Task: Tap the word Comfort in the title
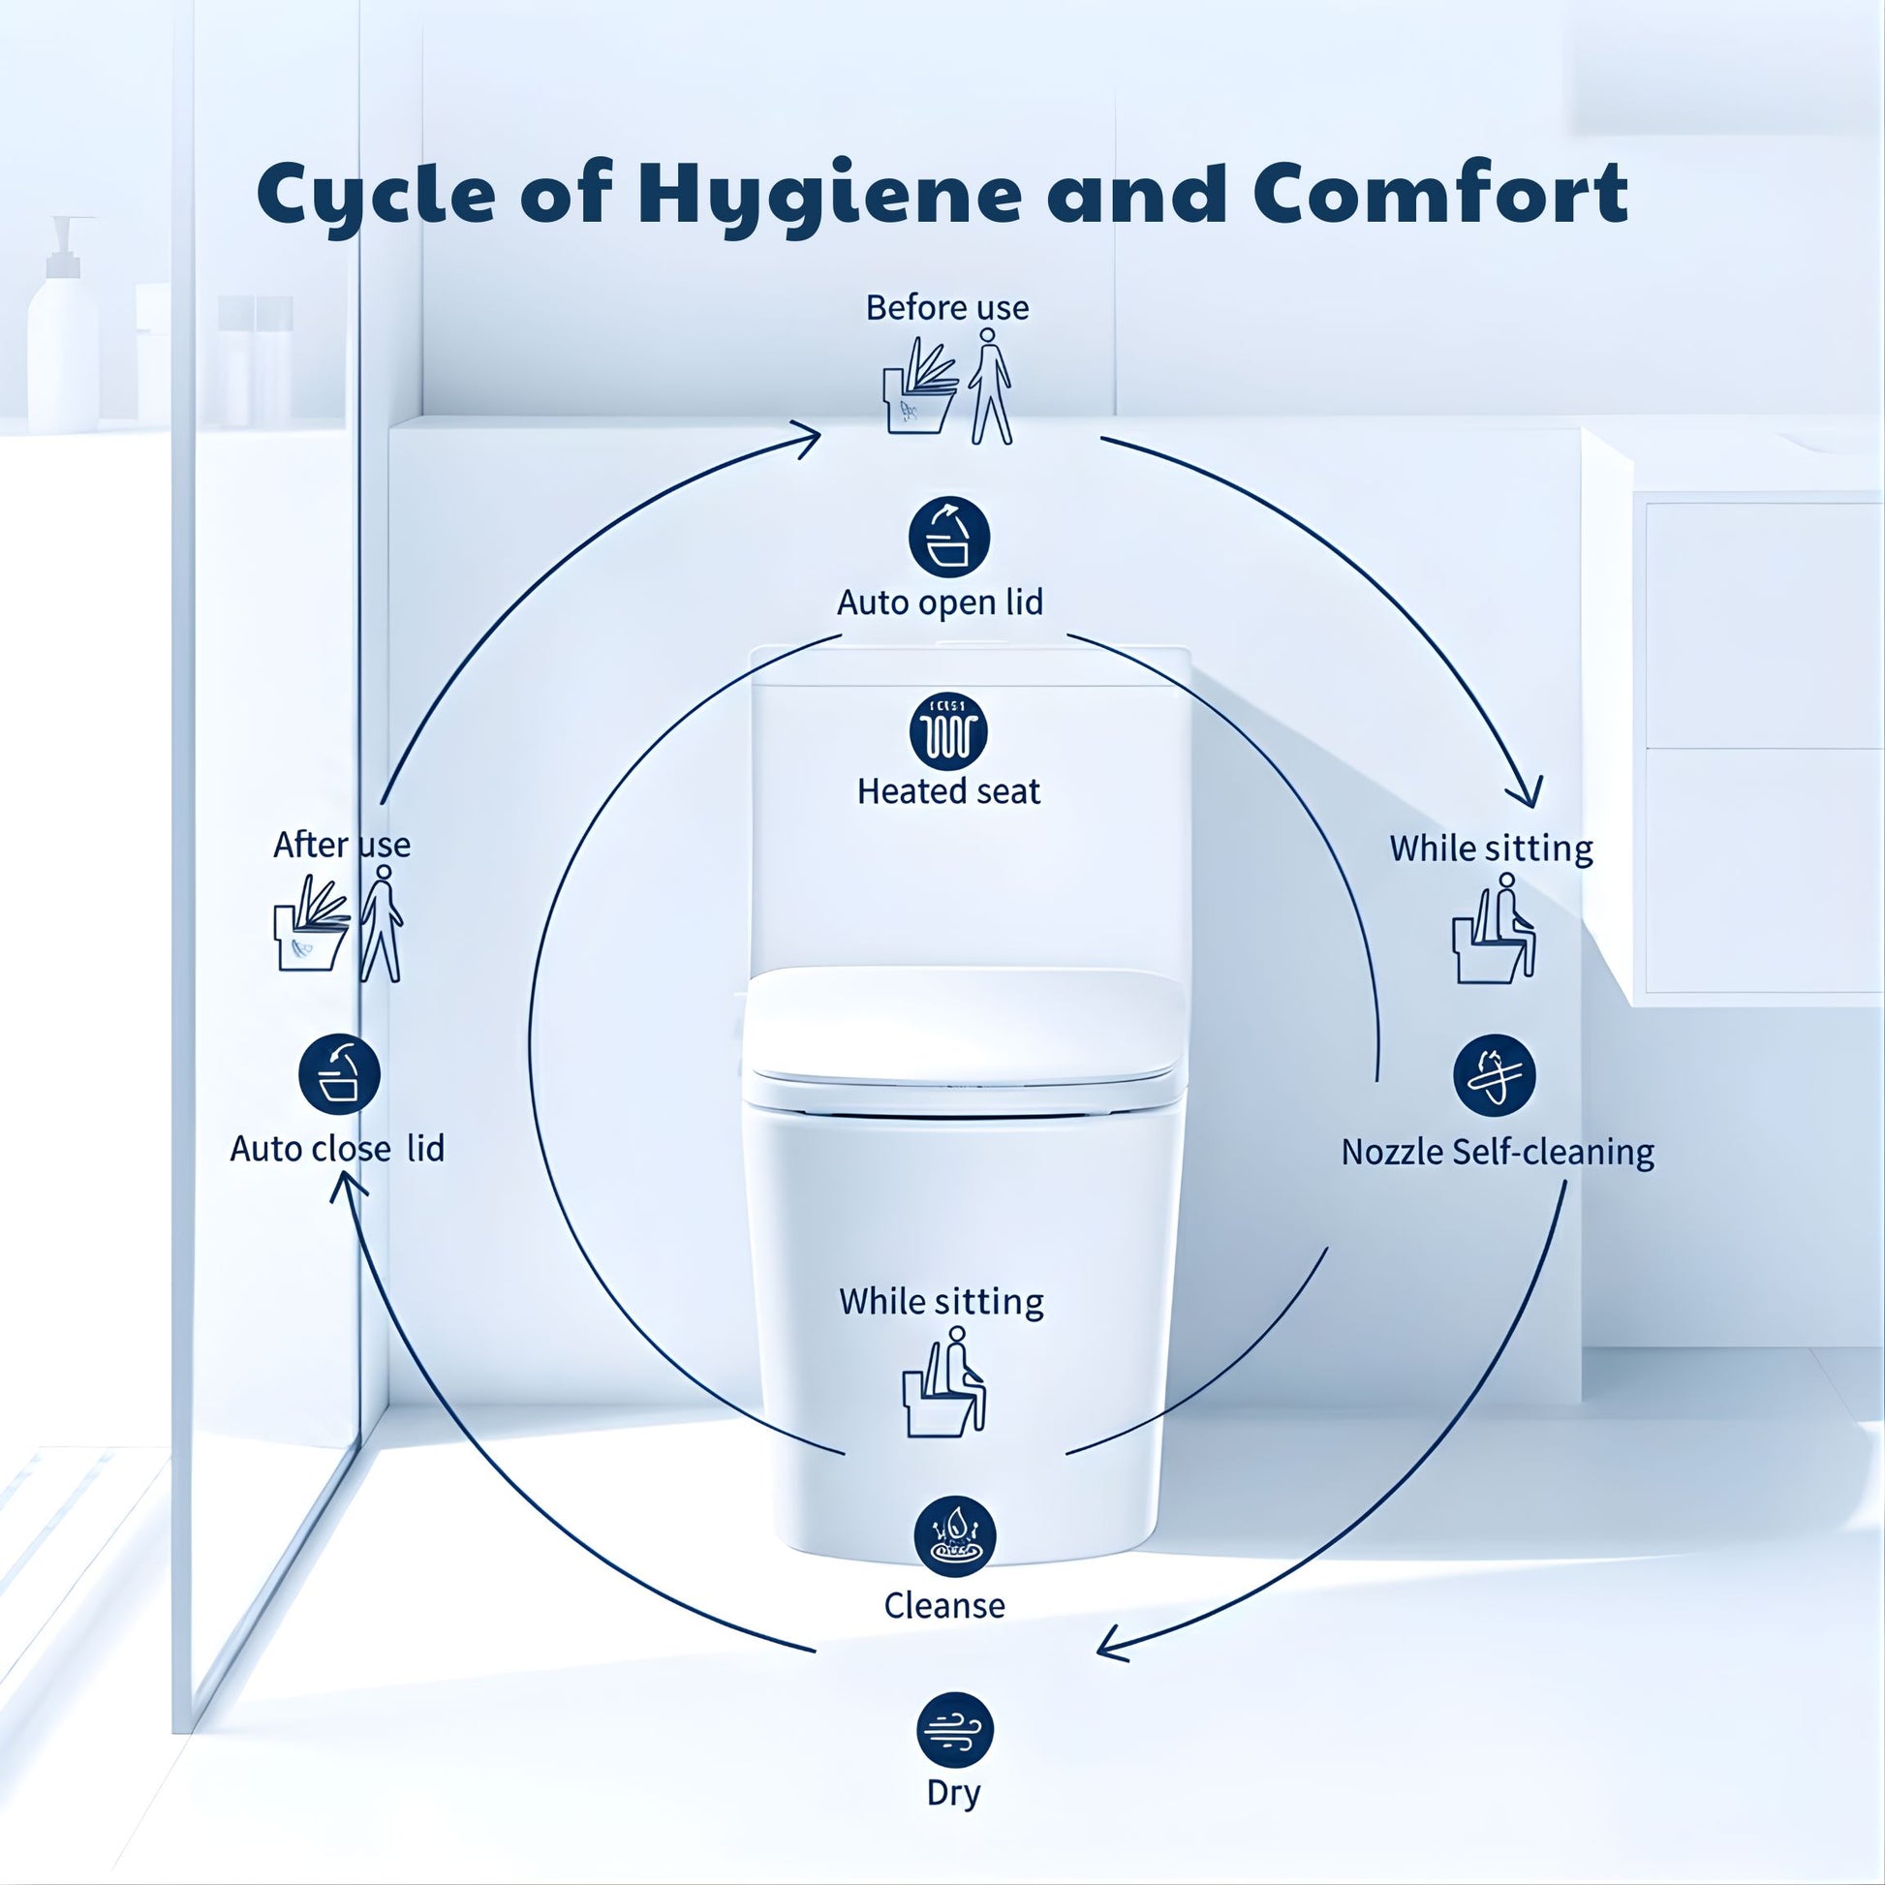click(x=1440, y=193)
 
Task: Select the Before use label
click(x=946, y=308)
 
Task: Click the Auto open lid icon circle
click(x=948, y=538)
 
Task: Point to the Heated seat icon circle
click(x=948, y=731)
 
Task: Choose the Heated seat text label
click(x=948, y=791)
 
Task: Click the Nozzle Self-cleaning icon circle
click(x=1494, y=1075)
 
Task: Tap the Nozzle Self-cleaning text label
click(x=1497, y=1153)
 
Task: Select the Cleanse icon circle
click(x=954, y=1536)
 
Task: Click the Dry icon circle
click(x=954, y=1730)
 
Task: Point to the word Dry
click(x=953, y=1792)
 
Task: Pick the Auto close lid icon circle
click(x=339, y=1074)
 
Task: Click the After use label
click(x=342, y=845)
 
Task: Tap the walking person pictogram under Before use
click(x=990, y=386)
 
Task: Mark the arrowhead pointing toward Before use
click(x=808, y=438)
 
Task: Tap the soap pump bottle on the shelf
click(x=63, y=331)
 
